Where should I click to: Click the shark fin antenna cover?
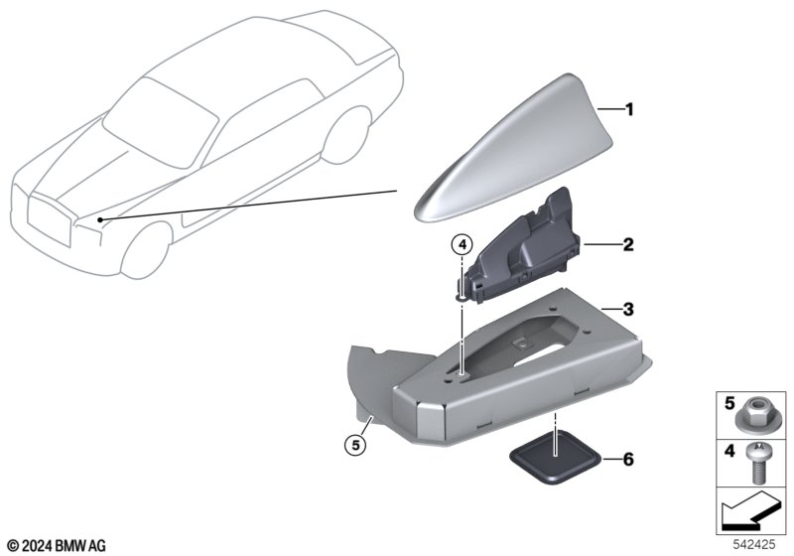[x=496, y=149]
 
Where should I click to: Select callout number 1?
[x=628, y=109]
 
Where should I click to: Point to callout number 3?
[x=627, y=311]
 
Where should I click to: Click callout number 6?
[x=627, y=459]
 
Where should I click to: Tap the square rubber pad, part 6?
[x=555, y=460]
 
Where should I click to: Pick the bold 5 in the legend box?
[x=728, y=405]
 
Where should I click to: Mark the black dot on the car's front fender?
[x=101, y=218]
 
